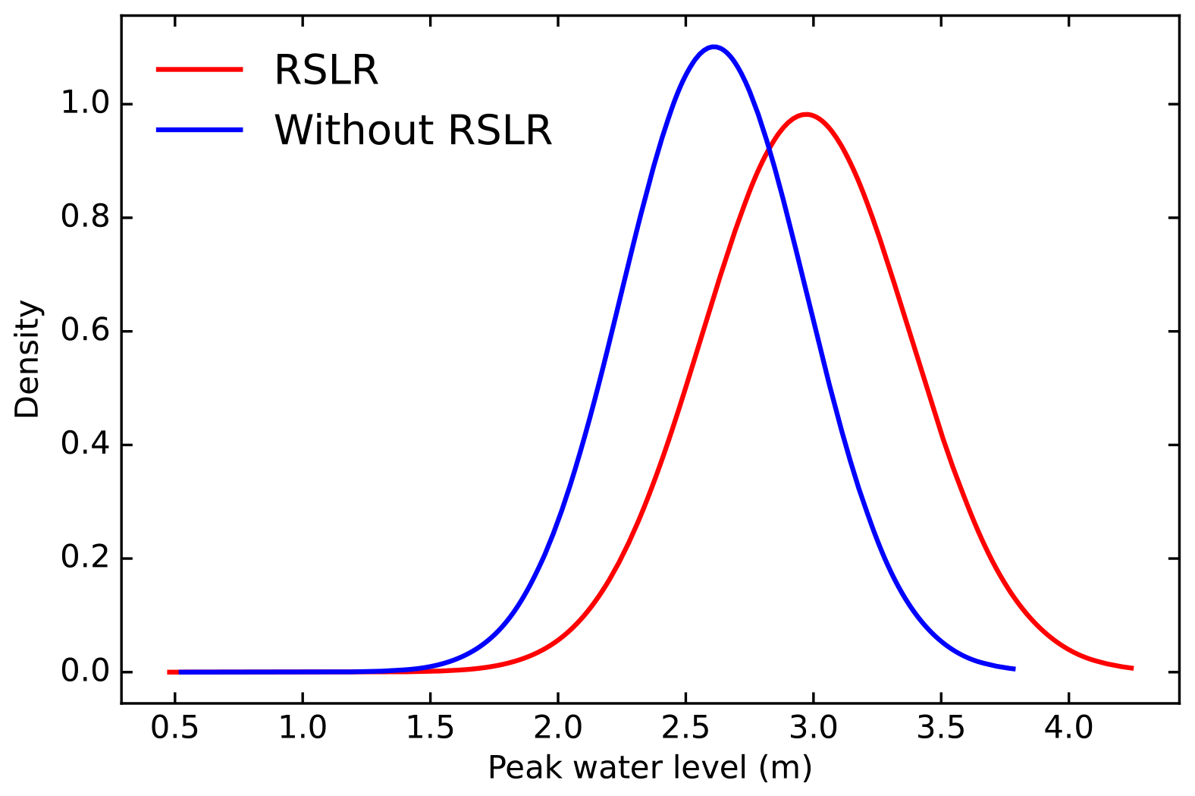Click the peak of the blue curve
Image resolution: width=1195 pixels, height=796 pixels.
[x=714, y=47]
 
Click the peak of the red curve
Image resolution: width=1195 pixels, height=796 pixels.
[x=805, y=115]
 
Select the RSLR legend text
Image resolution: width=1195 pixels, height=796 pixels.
[x=326, y=70]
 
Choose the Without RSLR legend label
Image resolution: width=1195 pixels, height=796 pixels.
[x=413, y=130]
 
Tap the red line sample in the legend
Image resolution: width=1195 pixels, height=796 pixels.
[x=199, y=69]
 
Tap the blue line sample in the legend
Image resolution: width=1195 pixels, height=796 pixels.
[x=199, y=130]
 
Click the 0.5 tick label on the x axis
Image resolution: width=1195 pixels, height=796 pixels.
[x=174, y=728]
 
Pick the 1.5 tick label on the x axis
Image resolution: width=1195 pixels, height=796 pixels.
[x=430, y=728]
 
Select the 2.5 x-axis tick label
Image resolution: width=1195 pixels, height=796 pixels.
[x=685, y=728]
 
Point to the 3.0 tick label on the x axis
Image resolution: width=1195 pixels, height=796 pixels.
[x=814, y=728]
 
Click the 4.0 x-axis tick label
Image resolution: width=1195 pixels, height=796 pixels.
[x=1069, y=728]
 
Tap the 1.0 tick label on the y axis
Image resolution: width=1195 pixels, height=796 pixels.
[x=86, y=104]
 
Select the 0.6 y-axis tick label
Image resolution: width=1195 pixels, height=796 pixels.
[x=86, y=332]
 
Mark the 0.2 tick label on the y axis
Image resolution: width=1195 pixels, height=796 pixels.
[x=86, y=558]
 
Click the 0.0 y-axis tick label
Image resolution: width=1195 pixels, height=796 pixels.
[x=86, y=672]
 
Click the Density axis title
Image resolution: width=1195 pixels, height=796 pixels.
[x=27, y=359]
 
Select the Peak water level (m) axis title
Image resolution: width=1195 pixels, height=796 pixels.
[x=650, y=768]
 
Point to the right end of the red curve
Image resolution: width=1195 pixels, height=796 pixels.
[x=1132, y=668]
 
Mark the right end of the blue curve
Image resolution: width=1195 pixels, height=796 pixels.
[x=1015, y=669]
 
